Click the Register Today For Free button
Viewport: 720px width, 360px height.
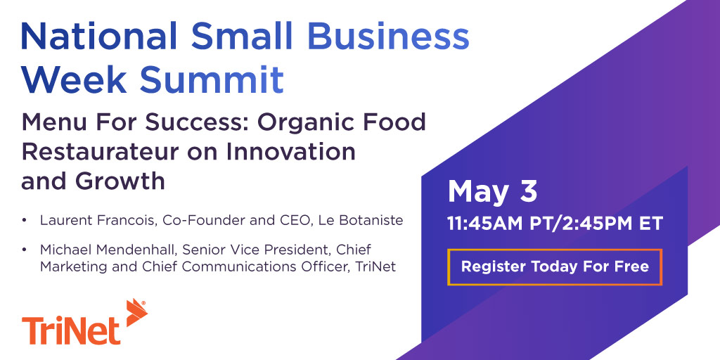555,267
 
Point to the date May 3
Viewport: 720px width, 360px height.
492,191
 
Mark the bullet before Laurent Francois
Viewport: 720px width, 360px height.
25,221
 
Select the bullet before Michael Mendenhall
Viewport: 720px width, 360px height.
25,250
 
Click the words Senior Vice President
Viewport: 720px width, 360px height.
247,250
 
